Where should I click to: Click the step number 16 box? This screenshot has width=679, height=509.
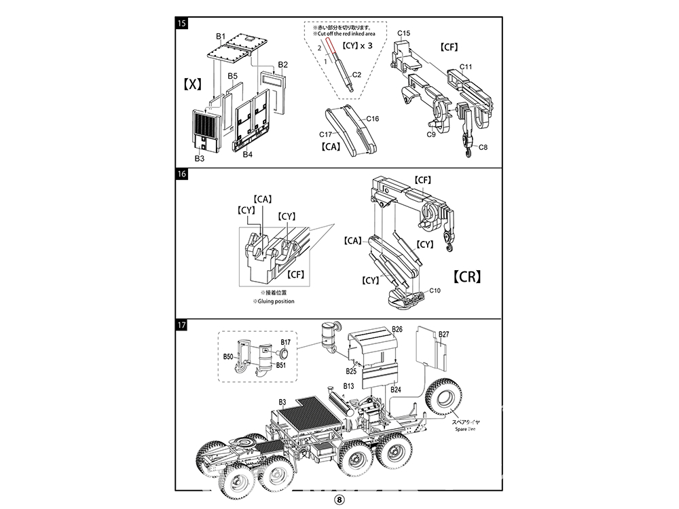[x=181, y=174]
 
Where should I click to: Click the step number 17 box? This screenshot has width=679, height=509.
[x=181, y=325]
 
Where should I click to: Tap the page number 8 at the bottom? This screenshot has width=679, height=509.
[x=339, y=498]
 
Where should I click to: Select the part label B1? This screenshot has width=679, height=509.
[x=220, y=35]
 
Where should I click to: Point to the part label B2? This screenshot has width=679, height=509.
[x=283, y=65]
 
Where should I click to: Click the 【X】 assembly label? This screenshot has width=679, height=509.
[x=193, y=83]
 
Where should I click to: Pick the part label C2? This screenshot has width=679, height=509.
[x=356, y=75]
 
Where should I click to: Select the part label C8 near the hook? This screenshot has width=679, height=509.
[x=483, y=147]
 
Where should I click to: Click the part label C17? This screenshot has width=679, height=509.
[x=327, y=134]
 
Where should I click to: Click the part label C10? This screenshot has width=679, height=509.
[x=435, y=290]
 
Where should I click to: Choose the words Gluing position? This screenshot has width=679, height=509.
[x=274, y=301]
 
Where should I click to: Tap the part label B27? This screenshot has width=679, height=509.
[x=444, y=335]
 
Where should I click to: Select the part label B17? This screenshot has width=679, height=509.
[x=286, y=342]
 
